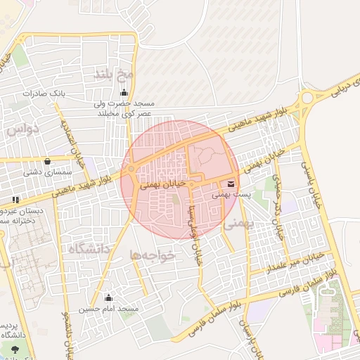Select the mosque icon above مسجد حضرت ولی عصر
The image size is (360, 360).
coord(124,93)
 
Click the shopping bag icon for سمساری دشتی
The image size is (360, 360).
coord(47,160)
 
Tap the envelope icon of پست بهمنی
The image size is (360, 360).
coord(233,184)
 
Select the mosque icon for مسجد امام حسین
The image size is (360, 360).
coord(108,298)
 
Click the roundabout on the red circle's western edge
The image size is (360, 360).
coord(131,169)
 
